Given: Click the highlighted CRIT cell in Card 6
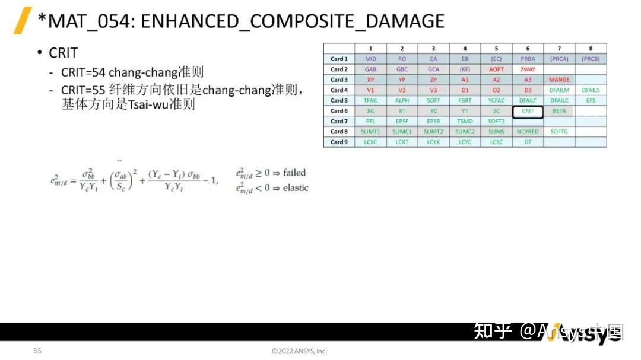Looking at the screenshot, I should tap(528, 111).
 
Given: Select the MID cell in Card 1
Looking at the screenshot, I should tap(370, 59).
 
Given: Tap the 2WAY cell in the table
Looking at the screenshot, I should tap(528, 69).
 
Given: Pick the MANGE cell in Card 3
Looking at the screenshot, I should tap(559, 80).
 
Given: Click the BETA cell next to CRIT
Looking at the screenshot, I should tap(559, 111).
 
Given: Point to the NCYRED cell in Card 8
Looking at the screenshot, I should tap(528, 132).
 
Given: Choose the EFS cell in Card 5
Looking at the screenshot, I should tap(591, 101).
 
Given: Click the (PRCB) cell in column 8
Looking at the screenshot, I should tap(591, 59).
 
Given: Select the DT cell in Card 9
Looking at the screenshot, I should tap(528, 142).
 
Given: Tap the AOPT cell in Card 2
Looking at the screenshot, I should tap(496, 69).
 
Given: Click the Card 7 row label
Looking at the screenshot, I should tap(339, 122).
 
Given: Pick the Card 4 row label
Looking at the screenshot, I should tap(339, 90).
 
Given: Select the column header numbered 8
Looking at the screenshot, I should tap(591, 49).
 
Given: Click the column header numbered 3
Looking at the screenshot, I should tap(433, 49).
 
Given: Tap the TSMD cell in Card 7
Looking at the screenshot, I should tap(465, 122).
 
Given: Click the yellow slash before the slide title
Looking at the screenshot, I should tap(23, 21).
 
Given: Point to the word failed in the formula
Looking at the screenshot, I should tap(294, 173).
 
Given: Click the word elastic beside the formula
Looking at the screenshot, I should tap(296, 188).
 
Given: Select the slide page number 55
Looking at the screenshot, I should tap(37, 351).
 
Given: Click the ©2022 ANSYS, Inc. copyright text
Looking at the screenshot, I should tap(299, 351).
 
